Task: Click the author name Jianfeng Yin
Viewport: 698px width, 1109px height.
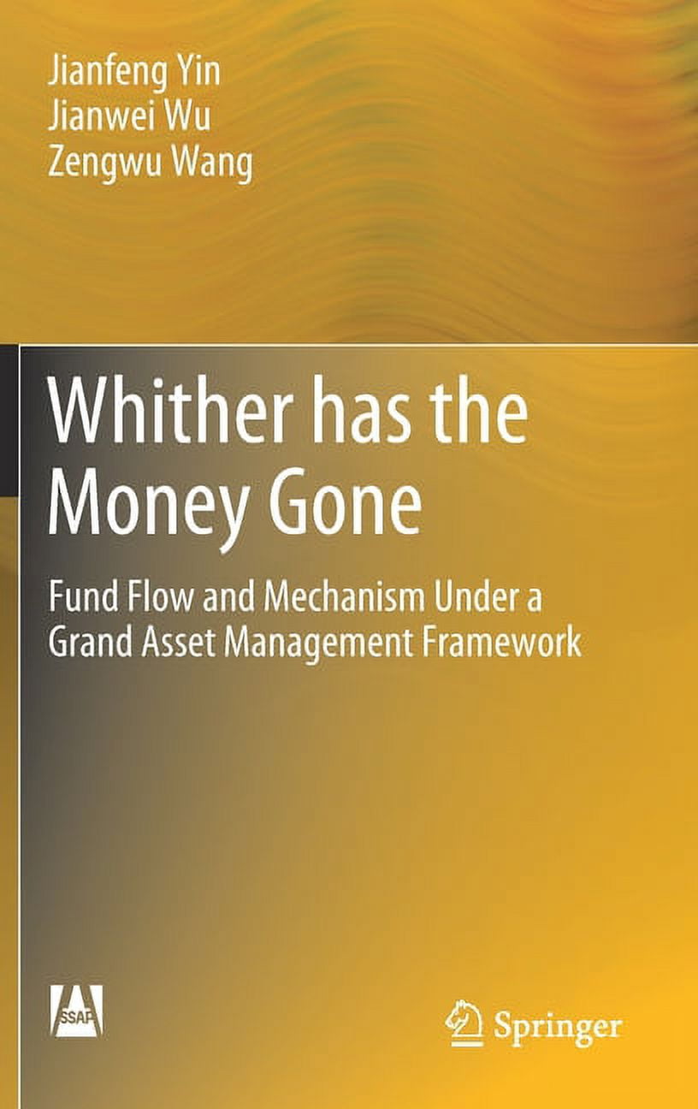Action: (x=133, y=73)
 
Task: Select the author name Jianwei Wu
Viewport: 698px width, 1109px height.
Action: (x=128, y=118)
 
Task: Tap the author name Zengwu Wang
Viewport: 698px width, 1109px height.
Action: (x=150, y=163)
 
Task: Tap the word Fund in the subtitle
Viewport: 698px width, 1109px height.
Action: (x=80, y=596)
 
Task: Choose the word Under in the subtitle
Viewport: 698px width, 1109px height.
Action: (x=479, y=596)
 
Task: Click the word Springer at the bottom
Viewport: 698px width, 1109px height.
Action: (x=556, y=1026)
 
